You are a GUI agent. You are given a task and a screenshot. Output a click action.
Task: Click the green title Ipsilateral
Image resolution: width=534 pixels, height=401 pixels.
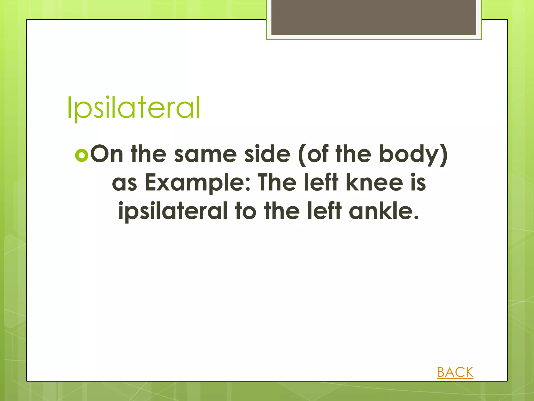point(133,108)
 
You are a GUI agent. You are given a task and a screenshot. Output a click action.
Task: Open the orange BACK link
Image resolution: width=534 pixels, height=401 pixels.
point(455,372)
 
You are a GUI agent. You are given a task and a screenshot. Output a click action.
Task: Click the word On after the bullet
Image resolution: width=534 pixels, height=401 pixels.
point(107,154)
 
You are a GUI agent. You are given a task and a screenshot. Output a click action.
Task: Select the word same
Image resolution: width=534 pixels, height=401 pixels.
point(205,154)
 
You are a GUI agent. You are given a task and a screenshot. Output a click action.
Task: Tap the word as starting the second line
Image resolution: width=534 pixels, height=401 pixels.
point(124,183)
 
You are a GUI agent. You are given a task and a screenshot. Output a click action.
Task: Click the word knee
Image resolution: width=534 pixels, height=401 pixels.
point(374,182)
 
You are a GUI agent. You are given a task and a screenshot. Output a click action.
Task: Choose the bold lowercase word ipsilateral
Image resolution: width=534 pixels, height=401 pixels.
point(173,211)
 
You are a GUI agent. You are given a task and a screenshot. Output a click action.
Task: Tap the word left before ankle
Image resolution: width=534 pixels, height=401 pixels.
point(324,211)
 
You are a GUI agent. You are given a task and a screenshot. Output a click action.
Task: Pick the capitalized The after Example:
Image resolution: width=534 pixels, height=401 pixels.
point(277,182)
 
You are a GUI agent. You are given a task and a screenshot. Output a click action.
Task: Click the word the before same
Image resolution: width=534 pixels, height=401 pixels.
point(148,154)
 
